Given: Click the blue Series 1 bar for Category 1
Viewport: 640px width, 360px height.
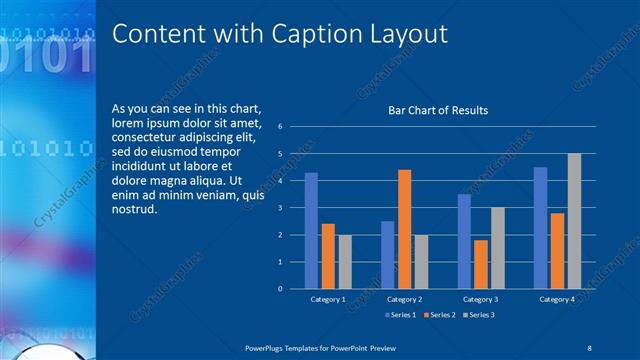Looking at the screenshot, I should (311, 231).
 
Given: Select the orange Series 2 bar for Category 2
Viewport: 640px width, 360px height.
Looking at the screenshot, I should (404, 229).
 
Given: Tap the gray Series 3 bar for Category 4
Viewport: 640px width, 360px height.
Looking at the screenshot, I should (574, 221).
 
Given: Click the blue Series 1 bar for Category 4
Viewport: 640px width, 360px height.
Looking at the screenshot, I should (540, 228).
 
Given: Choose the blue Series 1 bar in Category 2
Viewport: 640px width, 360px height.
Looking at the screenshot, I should (387, 255).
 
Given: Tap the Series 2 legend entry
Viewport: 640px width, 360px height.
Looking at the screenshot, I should (441, 315).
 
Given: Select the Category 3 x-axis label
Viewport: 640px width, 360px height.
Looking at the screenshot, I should (480, 299).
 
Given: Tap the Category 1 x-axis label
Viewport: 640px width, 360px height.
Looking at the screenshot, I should (328, 299).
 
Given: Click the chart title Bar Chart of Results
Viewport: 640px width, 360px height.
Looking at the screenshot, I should (438, 110).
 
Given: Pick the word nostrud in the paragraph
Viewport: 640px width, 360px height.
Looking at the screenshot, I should (135, 210).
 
